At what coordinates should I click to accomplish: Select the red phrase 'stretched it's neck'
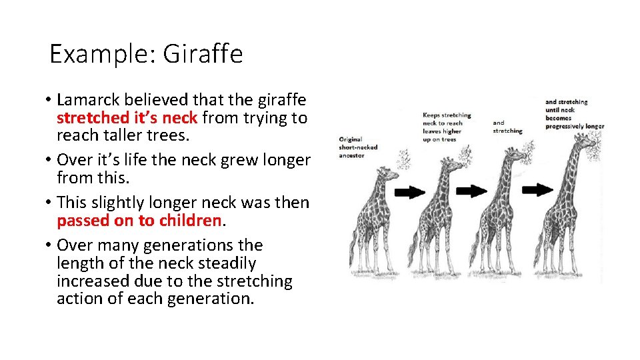pyautogui.click(x=127, y=119)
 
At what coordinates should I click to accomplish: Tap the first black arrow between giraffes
pyautogui.click(x=410, y=192)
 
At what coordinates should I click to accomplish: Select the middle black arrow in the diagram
pyautogui.click(x=473, y=191)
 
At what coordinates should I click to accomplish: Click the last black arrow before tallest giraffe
pyautogui.click(x=537, y=190)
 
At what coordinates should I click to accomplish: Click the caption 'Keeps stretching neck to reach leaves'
pyautogui.click(x=446, y=127)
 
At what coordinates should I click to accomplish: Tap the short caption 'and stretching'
pyautogui.click(x=508, y=127)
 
